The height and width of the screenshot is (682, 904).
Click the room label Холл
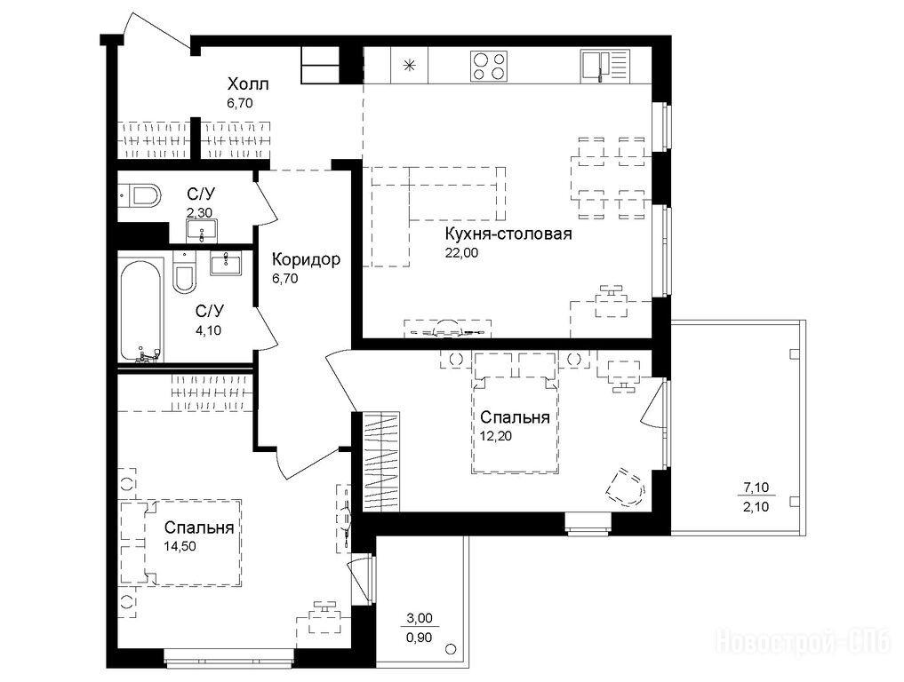(248, 84)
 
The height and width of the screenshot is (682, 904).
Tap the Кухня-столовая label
(508, 234)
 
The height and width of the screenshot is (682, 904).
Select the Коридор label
(306, 260)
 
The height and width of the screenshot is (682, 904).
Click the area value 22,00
(461, 252)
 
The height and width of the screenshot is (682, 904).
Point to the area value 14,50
(180, 546)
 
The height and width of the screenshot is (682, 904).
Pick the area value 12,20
(496, 435)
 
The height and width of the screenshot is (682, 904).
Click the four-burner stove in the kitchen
(490, 66)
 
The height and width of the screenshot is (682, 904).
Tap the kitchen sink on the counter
(604, 65)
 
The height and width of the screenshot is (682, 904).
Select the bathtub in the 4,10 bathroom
(140, 311)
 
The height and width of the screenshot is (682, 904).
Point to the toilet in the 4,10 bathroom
(184, 274)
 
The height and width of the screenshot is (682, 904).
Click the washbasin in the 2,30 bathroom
(201, 232)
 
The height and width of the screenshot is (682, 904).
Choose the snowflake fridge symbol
(409, 65)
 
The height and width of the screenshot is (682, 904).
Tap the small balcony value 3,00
(420, 619)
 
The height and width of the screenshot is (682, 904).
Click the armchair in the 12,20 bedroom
(626, 488)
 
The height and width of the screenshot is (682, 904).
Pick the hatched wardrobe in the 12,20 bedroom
(382, 461)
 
